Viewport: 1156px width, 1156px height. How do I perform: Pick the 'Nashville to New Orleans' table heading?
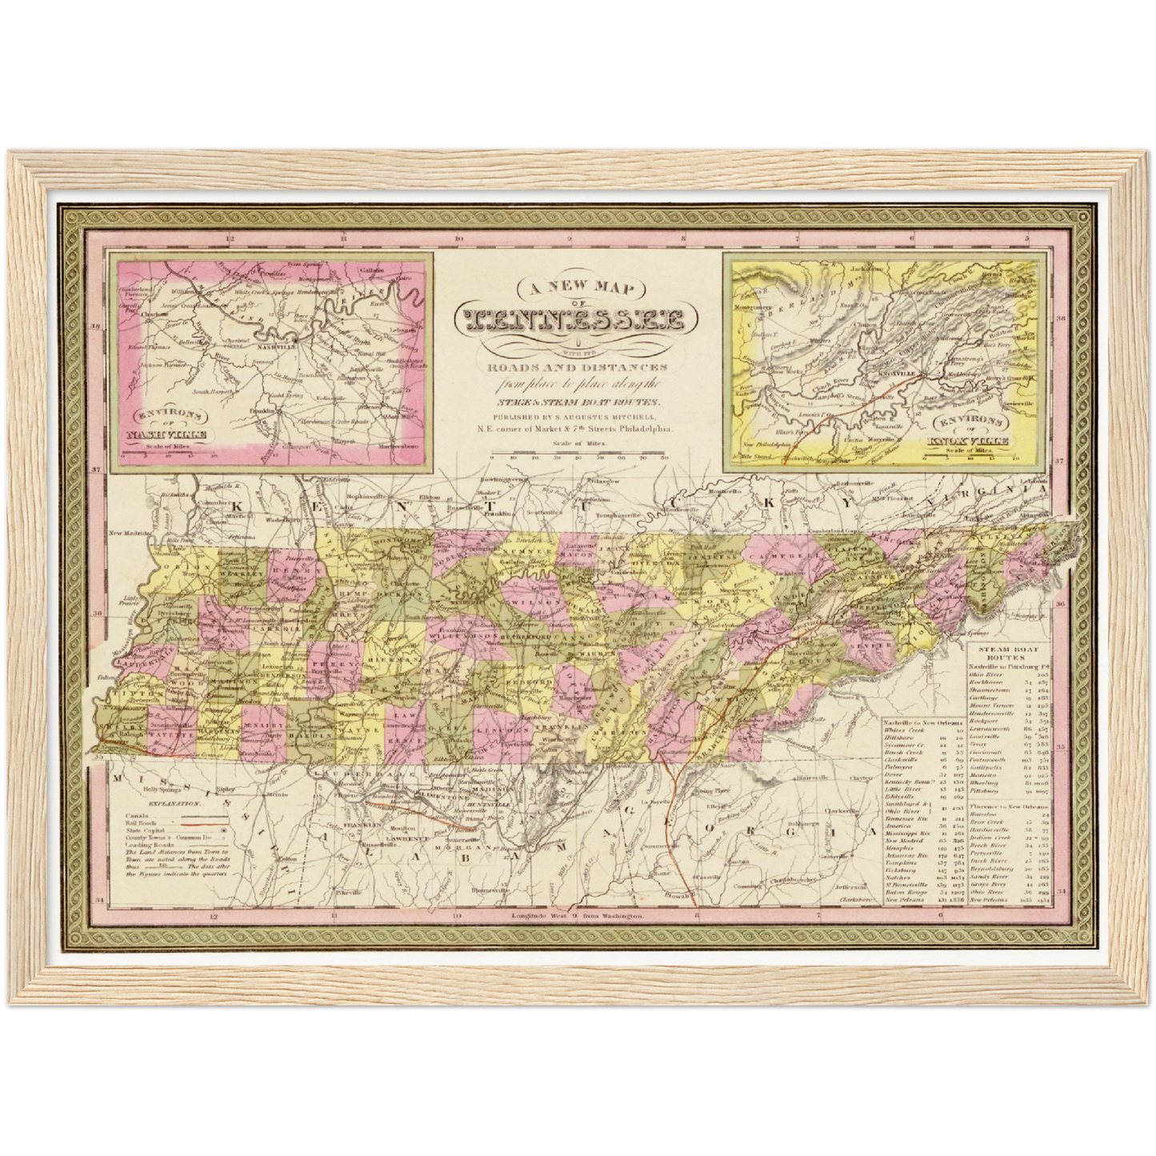coord(922,722)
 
